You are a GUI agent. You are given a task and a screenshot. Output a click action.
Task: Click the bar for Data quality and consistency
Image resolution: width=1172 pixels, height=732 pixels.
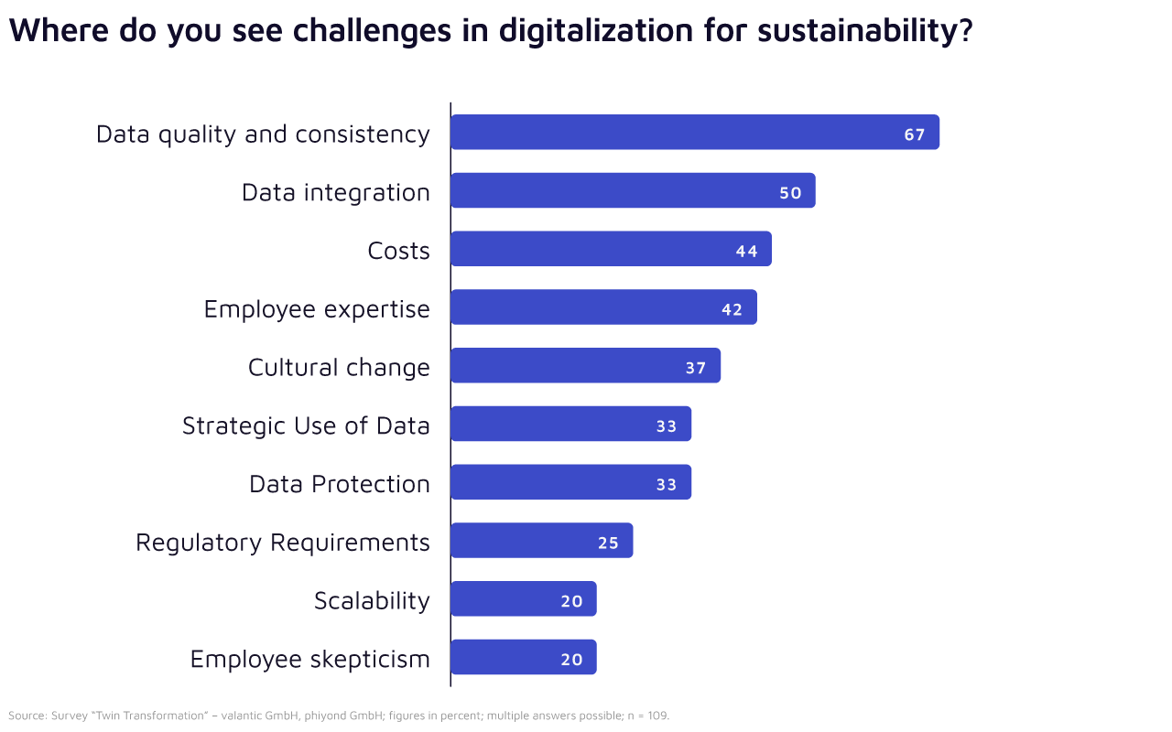pyautogui.click(x=694, y=133)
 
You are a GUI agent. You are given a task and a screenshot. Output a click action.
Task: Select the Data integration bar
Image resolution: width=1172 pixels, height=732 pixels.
pyautogui.click(x=632, y=191)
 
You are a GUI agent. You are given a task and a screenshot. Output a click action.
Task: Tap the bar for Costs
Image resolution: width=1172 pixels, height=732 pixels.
pyautogui.click(x=610, y=249)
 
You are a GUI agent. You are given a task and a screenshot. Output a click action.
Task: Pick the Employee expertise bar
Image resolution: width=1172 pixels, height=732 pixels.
pyautogui.click(x=602, y=307)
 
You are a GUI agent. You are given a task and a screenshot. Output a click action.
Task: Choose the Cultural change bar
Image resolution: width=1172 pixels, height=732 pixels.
pyautogui.click(x=585, y=366)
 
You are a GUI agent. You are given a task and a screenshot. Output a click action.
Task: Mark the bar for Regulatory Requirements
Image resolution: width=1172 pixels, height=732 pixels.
pyautogui.click(x=541, y=541)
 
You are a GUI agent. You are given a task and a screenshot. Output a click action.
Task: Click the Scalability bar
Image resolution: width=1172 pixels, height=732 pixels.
pyautogui.click(x=523, y=599)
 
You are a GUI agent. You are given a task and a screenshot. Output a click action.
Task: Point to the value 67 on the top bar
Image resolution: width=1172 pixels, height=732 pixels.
pyautogui.click(x=915, y=135)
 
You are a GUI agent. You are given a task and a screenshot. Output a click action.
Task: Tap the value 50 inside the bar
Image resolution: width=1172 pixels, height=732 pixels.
pyautogui.click(x=790, y=193)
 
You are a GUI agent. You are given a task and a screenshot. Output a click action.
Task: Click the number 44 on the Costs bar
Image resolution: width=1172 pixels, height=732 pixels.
pyautogui.click(x=746, y=252)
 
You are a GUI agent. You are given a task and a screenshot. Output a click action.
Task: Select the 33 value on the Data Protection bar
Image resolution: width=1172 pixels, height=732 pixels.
pyautogui.click(x=667, y=485)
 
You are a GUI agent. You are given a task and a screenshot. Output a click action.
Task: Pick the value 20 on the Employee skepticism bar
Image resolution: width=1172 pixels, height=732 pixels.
pyautogui.click(x=571, y=660)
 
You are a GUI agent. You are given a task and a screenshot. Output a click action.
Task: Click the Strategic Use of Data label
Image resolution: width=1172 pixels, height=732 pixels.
pyautogui.click(x=306, y=425)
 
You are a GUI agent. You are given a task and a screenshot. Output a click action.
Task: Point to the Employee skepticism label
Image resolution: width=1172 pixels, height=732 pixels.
pyautogui.click(x=309, y=659)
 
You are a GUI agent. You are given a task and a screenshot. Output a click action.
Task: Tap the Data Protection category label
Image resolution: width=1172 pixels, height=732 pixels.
pyautogui.click(x=340, y=484)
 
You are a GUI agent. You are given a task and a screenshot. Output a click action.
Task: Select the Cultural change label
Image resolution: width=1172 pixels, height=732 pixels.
pyautogui.click(x=339, y=368)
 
